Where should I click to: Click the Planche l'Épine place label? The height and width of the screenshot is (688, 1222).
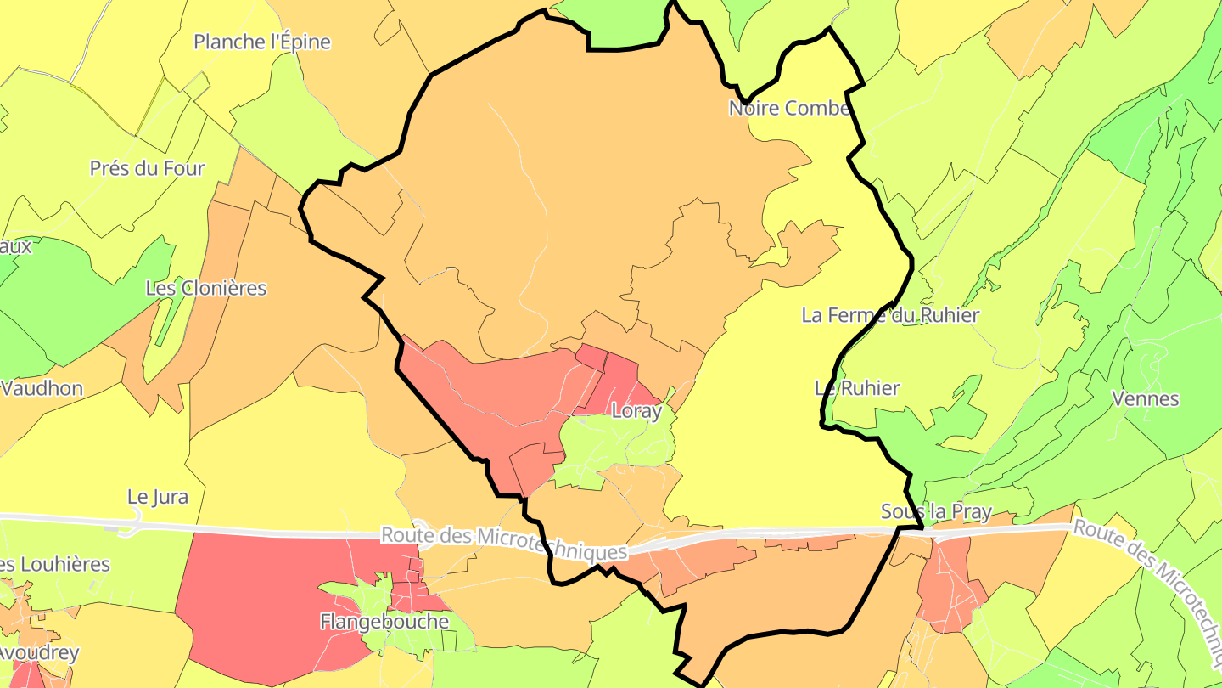(262, 42)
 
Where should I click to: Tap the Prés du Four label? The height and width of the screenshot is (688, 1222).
(148, 168)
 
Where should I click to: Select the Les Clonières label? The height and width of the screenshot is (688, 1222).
(206, 288)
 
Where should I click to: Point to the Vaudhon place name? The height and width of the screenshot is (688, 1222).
(42, 389)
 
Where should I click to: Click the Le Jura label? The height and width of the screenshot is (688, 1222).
(158, 497)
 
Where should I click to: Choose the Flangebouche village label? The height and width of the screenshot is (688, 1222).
(384, 622)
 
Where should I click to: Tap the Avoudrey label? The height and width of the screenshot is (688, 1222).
(39, 653)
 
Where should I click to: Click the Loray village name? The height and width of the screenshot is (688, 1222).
(636, 411)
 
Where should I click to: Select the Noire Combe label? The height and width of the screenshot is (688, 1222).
(789, 109)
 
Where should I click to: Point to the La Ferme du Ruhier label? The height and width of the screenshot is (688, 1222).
(890, 315)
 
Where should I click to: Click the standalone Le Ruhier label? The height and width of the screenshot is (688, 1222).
(857, 388)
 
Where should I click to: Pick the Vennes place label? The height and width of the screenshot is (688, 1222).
(1146, 398)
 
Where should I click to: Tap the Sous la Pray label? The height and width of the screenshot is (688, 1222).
(936, 512)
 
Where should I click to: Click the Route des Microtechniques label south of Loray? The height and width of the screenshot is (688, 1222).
(504, 544)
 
